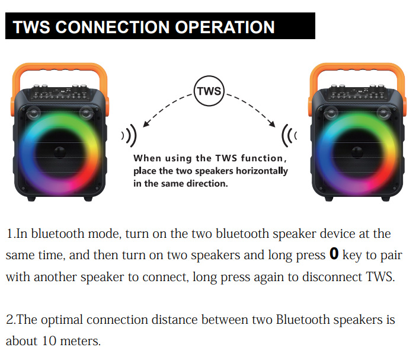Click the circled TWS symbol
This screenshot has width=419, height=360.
(209, 91)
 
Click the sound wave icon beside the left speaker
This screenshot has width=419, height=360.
(129, 136)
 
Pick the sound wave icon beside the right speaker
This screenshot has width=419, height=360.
(289, 136)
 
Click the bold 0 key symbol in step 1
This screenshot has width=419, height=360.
(334, 255)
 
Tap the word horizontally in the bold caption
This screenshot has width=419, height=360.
(258, 171)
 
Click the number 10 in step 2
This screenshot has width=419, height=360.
(49, 342)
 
